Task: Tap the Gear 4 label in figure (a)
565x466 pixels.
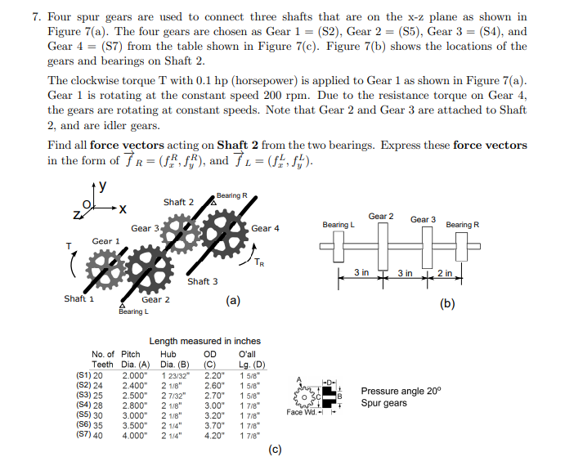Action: coord(266,229)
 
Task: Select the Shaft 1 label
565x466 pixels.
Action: coord(79,298)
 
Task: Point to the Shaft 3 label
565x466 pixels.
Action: coord(203,282)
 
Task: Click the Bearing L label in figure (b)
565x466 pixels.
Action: coord(338,225)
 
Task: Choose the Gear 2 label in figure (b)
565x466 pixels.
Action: coord(381,217)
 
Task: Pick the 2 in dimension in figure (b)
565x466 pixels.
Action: coord(445,272)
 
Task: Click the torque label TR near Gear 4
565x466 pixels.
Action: coord(259,263)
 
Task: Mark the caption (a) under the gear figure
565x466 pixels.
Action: coord(233,301)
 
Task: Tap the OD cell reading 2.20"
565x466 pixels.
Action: coord(214,374)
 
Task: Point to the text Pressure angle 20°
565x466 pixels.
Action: coord(400,392)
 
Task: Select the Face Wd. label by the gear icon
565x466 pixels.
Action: coord(300,413)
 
